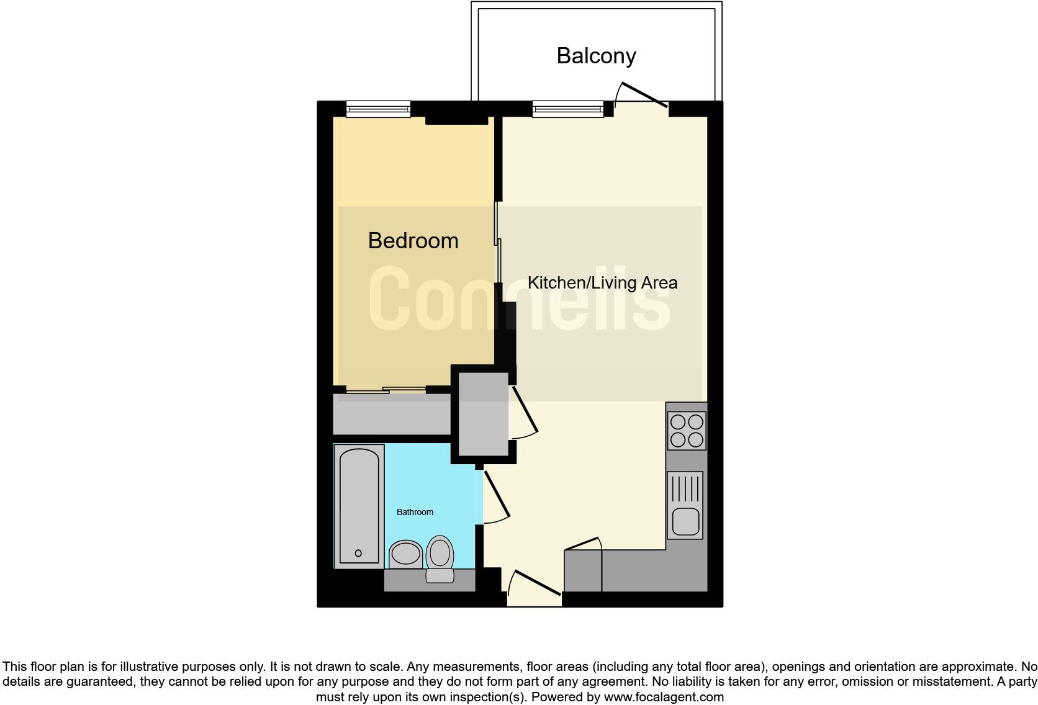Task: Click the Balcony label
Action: (596, 56)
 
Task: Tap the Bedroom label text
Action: (413, 241)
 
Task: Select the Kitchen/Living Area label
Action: (602, 283)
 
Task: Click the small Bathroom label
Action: (415, 512)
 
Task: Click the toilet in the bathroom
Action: (440, 557)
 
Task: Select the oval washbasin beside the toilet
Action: (405, 554)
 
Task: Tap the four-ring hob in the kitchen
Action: (686, 431)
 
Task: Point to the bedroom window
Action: (378, 109)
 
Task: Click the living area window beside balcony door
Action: (567, 109)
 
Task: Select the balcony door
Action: (644, 95)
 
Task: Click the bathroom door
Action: (497, 495)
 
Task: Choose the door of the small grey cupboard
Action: (525, 410)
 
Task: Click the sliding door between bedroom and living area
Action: (498, 242)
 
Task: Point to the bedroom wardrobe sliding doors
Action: (385, 390)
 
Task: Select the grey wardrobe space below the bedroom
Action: (391, 415)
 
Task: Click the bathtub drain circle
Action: (358, 553)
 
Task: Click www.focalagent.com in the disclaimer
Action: (664, 697)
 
